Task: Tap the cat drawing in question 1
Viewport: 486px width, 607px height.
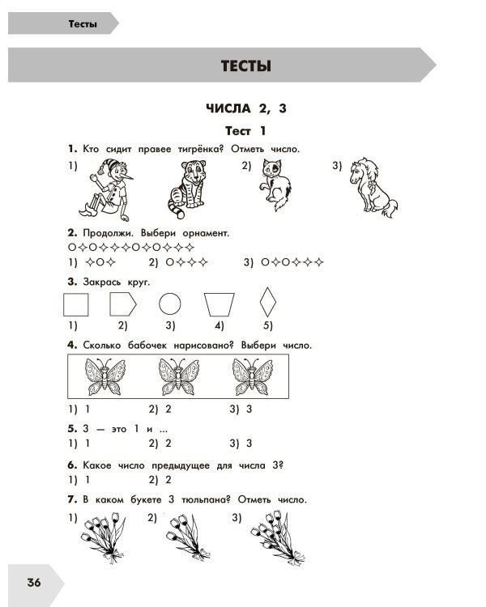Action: [x=275, y=185]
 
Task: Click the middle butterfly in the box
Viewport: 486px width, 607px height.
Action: [x=178, y=376]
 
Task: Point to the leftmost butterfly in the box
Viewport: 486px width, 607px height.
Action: [x=105, y=376]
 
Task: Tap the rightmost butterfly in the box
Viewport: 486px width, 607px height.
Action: [x=252, y=376]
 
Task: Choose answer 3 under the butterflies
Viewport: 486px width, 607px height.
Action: [x=241, y=409]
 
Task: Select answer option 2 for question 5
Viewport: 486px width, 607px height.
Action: [x=160, y=444]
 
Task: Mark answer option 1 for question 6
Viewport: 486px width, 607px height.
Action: [x=79, y=480]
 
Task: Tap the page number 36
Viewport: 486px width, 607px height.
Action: [x=34, y=582]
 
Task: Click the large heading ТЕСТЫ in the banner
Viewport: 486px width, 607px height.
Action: [x=245, y=66]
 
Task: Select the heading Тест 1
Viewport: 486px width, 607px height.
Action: [x=245, y=131]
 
